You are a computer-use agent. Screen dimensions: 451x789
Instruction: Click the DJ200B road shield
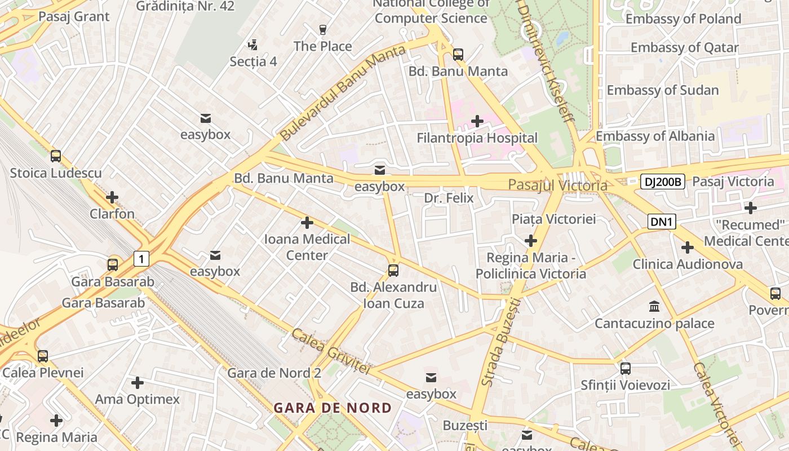click(x=663, y=182)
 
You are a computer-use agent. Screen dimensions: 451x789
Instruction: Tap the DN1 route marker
click(x=662, y=222)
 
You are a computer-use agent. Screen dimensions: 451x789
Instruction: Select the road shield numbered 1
click(x=141, y=259)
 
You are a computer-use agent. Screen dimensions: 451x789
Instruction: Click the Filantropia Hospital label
click(x=477, y=138)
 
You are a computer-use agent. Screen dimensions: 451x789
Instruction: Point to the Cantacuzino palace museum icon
click(x=654, y=307)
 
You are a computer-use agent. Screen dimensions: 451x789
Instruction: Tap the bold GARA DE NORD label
click(x=333, y=408)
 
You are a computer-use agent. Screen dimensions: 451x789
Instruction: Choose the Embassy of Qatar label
click(x=684, y=47)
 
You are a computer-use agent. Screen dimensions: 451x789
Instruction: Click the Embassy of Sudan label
click(x=662, y=90)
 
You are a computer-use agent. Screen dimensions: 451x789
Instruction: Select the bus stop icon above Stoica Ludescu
click(x=56, y=156)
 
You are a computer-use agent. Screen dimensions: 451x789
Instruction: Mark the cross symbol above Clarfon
click(x=112, y=197)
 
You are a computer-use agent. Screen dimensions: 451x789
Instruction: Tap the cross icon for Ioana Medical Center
click(x=307, y=223)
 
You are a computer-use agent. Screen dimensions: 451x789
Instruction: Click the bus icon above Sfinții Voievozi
click(x=626, y=369)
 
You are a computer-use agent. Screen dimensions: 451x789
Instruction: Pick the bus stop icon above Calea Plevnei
click(x=43, y=356)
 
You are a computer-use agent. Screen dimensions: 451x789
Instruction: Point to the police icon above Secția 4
click(x=253, y=45)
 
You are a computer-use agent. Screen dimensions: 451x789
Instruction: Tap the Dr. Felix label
click(x=449, y=198)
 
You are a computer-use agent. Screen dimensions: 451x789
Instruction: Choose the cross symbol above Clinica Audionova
click(x=687, y=247)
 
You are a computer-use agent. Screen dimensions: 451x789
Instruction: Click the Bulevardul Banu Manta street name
click(x=343, y=93)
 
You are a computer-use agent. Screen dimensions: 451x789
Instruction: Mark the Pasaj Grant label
click(x=74, y=16)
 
